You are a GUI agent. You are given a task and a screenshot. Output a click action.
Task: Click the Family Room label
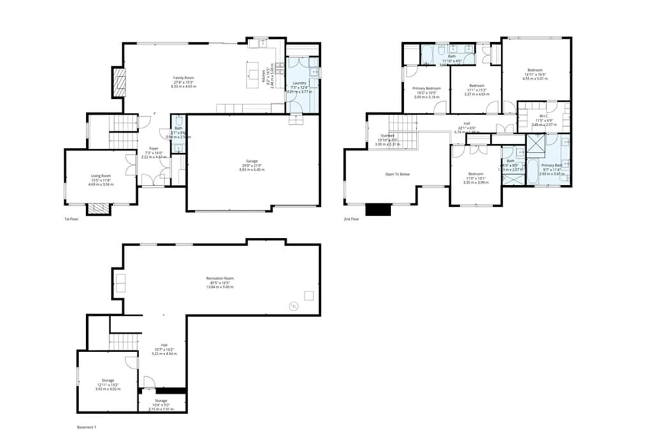click(x=183, y=78)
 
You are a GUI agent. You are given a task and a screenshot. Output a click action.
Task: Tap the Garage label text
click(x=252, y=161)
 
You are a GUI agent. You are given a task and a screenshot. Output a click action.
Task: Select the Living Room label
click(x=101, y=176)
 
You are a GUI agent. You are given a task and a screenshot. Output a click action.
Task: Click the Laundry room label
click(x=299, y=83)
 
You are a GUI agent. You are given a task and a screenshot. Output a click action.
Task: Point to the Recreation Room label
click(x=220, y=279)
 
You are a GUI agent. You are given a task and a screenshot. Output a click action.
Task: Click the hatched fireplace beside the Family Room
click(x=119, y=83)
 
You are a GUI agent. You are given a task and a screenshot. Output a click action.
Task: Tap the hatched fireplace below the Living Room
click(x=98, y=208)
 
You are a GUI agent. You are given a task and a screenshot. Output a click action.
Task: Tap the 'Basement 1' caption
click(x=87, y=427)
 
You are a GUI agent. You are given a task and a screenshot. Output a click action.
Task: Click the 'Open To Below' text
click(x=397, y=174)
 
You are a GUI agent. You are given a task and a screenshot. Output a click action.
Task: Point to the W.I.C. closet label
click(x=544, y=116)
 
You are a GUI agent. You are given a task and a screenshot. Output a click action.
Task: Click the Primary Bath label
click(x=552, y=165)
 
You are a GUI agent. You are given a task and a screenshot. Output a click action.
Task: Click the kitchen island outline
click(x=252, y=75)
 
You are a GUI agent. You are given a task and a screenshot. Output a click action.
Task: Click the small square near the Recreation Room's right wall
click(x=309, y=296)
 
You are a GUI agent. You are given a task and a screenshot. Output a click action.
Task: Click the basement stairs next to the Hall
click(x=123, y=342)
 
